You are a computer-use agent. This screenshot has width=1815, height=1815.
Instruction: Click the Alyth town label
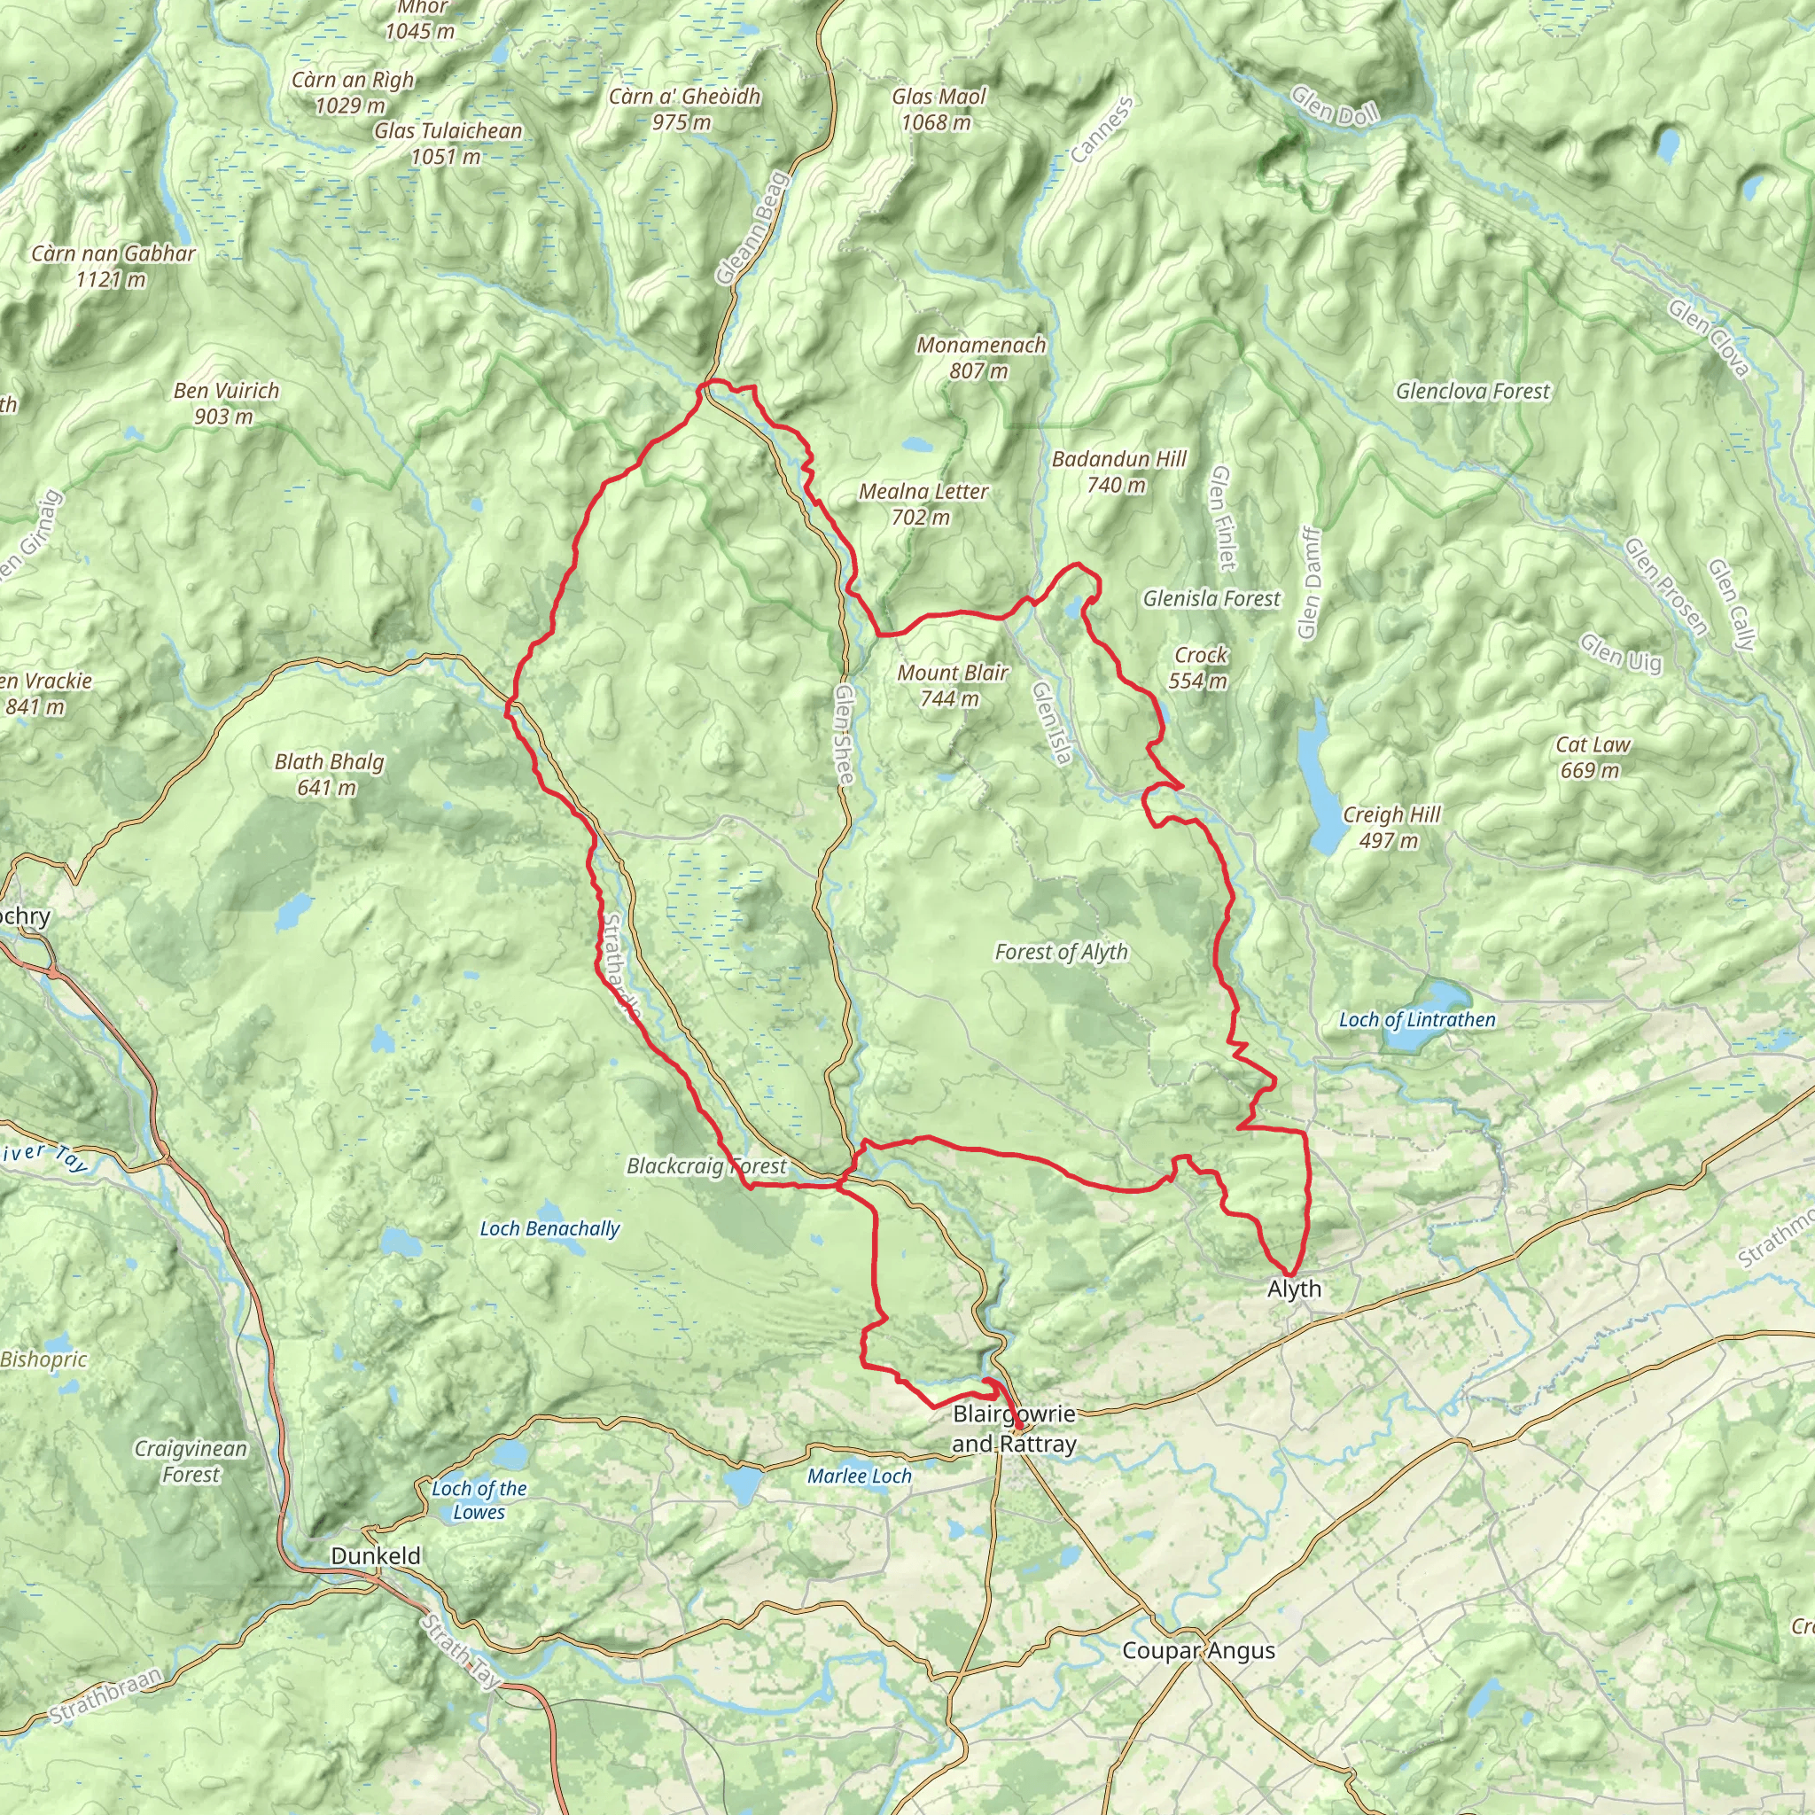[x=1294, y=1289]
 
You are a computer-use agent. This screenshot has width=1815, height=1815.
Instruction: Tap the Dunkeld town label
[x=376, y=1555]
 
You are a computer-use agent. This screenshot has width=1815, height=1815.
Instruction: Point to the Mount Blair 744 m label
[x=952, y=685]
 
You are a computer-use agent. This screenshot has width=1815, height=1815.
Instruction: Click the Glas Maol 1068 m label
[x=938, y=109]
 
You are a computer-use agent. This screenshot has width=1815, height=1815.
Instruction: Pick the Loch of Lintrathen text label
[x=1417, y=1019]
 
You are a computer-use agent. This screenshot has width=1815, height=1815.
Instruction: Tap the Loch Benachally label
[x=549, y=1229]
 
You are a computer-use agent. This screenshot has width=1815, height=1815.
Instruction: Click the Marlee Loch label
[x=860, y=1476]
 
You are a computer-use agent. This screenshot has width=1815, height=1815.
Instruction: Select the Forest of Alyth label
[x=1061, y=952]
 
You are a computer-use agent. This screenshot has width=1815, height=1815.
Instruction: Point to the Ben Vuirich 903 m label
[x=225, y=403]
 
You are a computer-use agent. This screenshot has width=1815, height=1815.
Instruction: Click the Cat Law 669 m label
[x=1593, y=757]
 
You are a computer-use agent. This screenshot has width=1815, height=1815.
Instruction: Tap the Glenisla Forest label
[x=1211, y=598]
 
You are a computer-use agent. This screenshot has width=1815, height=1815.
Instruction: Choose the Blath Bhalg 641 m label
[x=329, y=774]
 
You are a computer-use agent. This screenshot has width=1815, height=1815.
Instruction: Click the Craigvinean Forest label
[x=191, y=1461]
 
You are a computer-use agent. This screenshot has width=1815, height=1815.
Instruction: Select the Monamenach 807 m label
[x=981, y=358]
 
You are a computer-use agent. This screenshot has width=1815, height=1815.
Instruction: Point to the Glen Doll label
[x=1334, y=105]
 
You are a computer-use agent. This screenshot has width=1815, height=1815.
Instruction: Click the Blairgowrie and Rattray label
[x=1014, y=1429]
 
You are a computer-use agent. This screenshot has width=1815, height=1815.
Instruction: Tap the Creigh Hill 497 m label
[x=1391, y=827]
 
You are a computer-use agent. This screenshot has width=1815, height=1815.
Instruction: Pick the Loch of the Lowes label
[x=479, y=1500]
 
